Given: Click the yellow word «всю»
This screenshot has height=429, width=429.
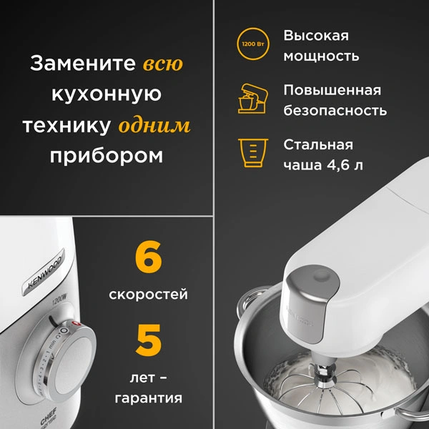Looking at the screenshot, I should (x=163, y=64).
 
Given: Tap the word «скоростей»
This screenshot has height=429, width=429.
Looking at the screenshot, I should (x=149, y=295).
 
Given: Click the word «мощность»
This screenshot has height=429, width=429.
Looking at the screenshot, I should (x=321, y=56).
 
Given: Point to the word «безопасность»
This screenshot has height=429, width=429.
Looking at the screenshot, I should (x=335, y=111).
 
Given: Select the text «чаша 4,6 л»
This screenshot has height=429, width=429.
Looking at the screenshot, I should (x=323, y=166).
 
